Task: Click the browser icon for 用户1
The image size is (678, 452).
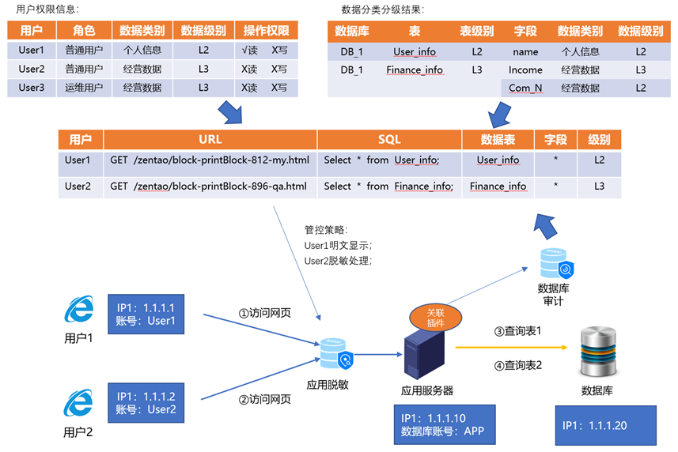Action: [x=78, y=311]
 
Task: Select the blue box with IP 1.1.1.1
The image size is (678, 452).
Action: [x=146, y=314]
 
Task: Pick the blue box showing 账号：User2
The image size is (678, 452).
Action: [x=146, y=402]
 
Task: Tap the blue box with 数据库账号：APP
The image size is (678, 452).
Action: [x=444, y=425]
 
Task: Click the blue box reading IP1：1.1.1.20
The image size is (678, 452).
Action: [x=605, y=425]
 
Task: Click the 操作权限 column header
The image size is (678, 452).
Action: [x=266, y=30]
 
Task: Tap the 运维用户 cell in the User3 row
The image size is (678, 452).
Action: [x=84, y=88]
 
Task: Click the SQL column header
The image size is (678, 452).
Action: [x=389, y=139]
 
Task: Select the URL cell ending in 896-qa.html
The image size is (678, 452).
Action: [x=209, y=186]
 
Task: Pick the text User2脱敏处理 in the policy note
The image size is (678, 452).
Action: [x=338, y=260]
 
